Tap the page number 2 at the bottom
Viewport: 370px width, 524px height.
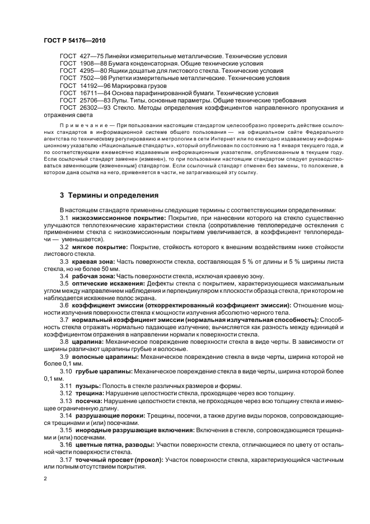[x=45, y=479]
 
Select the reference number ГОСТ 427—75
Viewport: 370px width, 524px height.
[x=78, y=57]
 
